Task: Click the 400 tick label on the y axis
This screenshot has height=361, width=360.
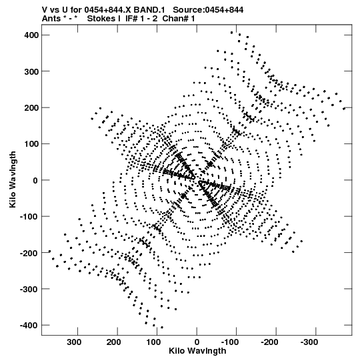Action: point(31,35)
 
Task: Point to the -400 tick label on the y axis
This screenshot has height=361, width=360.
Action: point(29,326)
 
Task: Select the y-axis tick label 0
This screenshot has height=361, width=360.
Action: point(35,180)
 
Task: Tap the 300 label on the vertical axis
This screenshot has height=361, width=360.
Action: point(31,71)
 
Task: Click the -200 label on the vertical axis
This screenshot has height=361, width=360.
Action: point(29,253)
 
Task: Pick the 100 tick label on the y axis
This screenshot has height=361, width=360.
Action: point(31,144)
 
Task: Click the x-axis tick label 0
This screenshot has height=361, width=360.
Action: point(197,342)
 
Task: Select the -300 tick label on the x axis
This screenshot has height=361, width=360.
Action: point(309,342)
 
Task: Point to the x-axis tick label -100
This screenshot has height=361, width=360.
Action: point(230,342)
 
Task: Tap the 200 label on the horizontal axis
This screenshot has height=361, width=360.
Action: point(113,342)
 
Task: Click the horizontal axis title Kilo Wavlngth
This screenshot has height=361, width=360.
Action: point(197,351)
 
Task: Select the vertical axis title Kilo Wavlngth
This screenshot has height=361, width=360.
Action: point(13,179)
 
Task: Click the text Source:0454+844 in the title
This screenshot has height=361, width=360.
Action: point(208,10)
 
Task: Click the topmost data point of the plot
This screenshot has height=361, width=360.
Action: point(231,33)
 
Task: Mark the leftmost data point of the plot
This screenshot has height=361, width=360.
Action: point(49,252)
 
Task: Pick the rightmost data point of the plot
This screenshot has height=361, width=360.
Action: point(344,109)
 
